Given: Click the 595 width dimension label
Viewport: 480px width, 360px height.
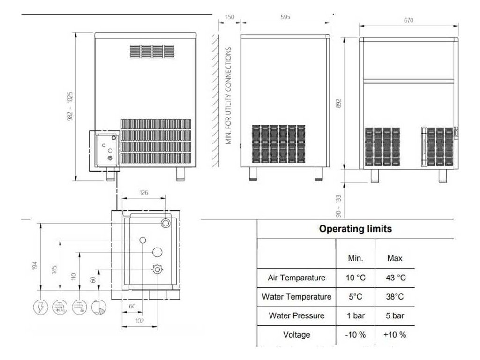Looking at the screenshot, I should pyautogui.click(x=285, y=17).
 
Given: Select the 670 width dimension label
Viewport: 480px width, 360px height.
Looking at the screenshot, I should pyautogui.click(x=407, y=21).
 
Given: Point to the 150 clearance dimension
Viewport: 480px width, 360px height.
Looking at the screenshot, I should pyautogui.click(x=229, y=17).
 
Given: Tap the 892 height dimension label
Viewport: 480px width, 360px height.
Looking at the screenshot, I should pyautogui.click(x=339, y=103).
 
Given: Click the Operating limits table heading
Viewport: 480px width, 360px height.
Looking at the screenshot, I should pyautogui.click(x=355, y=229).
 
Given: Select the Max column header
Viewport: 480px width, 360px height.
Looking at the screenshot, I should pyautogui.click(x=395, y=258).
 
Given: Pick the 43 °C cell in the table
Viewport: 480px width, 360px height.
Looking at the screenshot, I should pyautogui.click(x=395, y=277).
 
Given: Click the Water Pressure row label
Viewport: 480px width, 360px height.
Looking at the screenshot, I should pyautogui.click(x=296, y=315).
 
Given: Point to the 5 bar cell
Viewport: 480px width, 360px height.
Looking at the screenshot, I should pyautogui.click(x=395, y=315).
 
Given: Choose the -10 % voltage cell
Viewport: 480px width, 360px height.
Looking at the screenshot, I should pyautogui.click(x=355, y=335).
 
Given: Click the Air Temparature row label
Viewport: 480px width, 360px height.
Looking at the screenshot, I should pyautogui.click(x=296, y=277).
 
